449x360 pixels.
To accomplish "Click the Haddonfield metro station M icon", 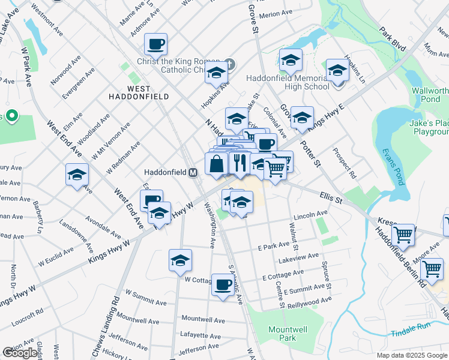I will [193, 172].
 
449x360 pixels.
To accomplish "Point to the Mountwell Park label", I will [283, 334].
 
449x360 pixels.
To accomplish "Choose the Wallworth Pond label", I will [429, 95].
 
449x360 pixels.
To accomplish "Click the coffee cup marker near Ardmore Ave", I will [155, 43].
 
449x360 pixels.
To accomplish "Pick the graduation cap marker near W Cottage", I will [180, 260].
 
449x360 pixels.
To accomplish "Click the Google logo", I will [20, 353].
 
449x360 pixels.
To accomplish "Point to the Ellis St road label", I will [330, 196].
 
